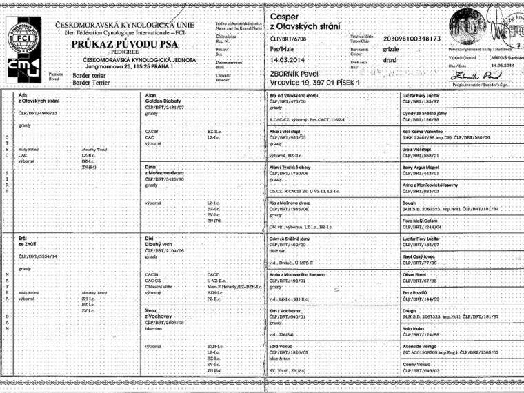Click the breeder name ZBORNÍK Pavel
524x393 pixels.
[298, 72]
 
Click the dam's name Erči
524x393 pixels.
[24, 237]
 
